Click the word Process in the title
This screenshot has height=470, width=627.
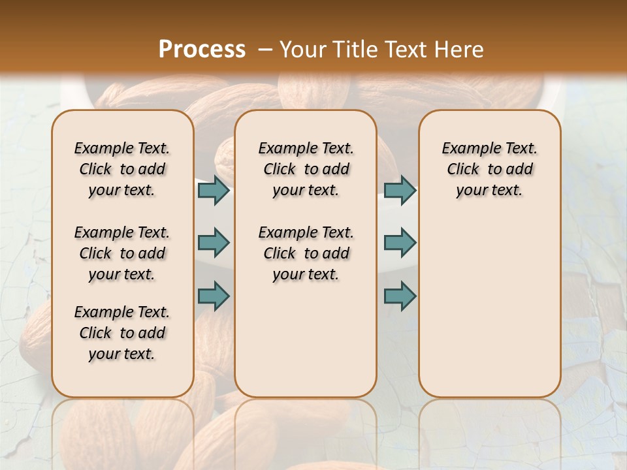[x=202, y=50]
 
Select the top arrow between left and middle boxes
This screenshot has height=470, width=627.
[x=214, y=190]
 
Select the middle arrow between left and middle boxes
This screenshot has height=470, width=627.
[x=214, y=243]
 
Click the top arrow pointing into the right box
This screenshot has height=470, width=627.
[x=400, y=190]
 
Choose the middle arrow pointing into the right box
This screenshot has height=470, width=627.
[x=400, y=243]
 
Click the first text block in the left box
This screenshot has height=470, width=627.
[x=122, y=169]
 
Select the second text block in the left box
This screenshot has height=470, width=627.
[x=122, y=253]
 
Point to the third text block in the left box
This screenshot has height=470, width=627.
[x=122, y=333]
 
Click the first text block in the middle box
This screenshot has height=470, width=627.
[x=306, y=169]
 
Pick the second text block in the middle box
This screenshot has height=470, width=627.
[x=306, y=253]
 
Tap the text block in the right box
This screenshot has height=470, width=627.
[x=489, y=169]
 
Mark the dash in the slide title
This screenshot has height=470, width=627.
[x=265, y=50]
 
